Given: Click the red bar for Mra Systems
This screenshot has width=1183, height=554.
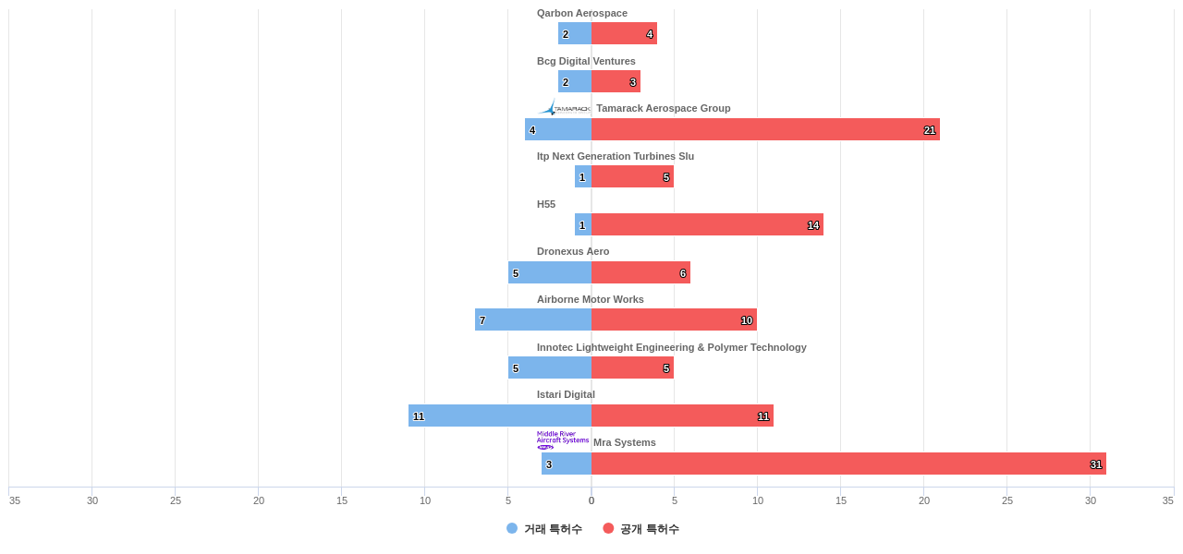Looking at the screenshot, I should click(x=848, y=464).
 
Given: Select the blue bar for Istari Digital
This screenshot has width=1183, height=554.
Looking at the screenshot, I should click(x=500, y=415).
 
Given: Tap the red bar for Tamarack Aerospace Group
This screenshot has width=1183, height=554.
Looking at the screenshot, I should click(x=765, y=129).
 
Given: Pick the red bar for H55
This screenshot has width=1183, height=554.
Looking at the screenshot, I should click(x=707, y=224).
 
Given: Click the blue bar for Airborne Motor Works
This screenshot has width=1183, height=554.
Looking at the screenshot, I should click(x=533, y=319).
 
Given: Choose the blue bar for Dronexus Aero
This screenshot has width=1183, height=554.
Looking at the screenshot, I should click(x=550, y=272).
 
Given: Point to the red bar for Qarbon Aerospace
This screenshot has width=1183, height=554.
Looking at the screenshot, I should click(x=624, y=33).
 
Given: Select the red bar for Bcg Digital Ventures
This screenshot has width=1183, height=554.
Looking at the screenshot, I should click(x=616, y=81).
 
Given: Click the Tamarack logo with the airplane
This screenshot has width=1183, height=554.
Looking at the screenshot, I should click(x=564, y=108).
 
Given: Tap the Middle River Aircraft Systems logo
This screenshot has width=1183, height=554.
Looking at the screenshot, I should click(x=563, y=440).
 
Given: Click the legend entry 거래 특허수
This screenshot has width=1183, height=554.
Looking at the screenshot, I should click(x=544, y=529).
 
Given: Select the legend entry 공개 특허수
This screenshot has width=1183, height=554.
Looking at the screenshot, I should click(x=641, y=529).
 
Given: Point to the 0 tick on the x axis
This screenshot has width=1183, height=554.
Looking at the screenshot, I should click(x=591, y=500).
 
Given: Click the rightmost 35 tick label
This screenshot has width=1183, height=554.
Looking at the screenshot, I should click(x=1168, y=500).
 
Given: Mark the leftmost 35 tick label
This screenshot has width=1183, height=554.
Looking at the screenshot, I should click(x=15, y=500).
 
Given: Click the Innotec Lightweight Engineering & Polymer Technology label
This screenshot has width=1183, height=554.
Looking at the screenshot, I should click(x=672, y=347).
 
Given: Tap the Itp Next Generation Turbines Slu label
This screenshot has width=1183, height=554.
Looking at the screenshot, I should click(x=616, y=156).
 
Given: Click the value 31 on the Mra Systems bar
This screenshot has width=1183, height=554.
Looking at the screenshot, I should click(x=1096, y=464).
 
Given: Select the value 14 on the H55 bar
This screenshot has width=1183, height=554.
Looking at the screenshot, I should click(x=813, y=225).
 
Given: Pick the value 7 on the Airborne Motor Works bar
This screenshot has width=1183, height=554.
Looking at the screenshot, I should click(x=482, y=320).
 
